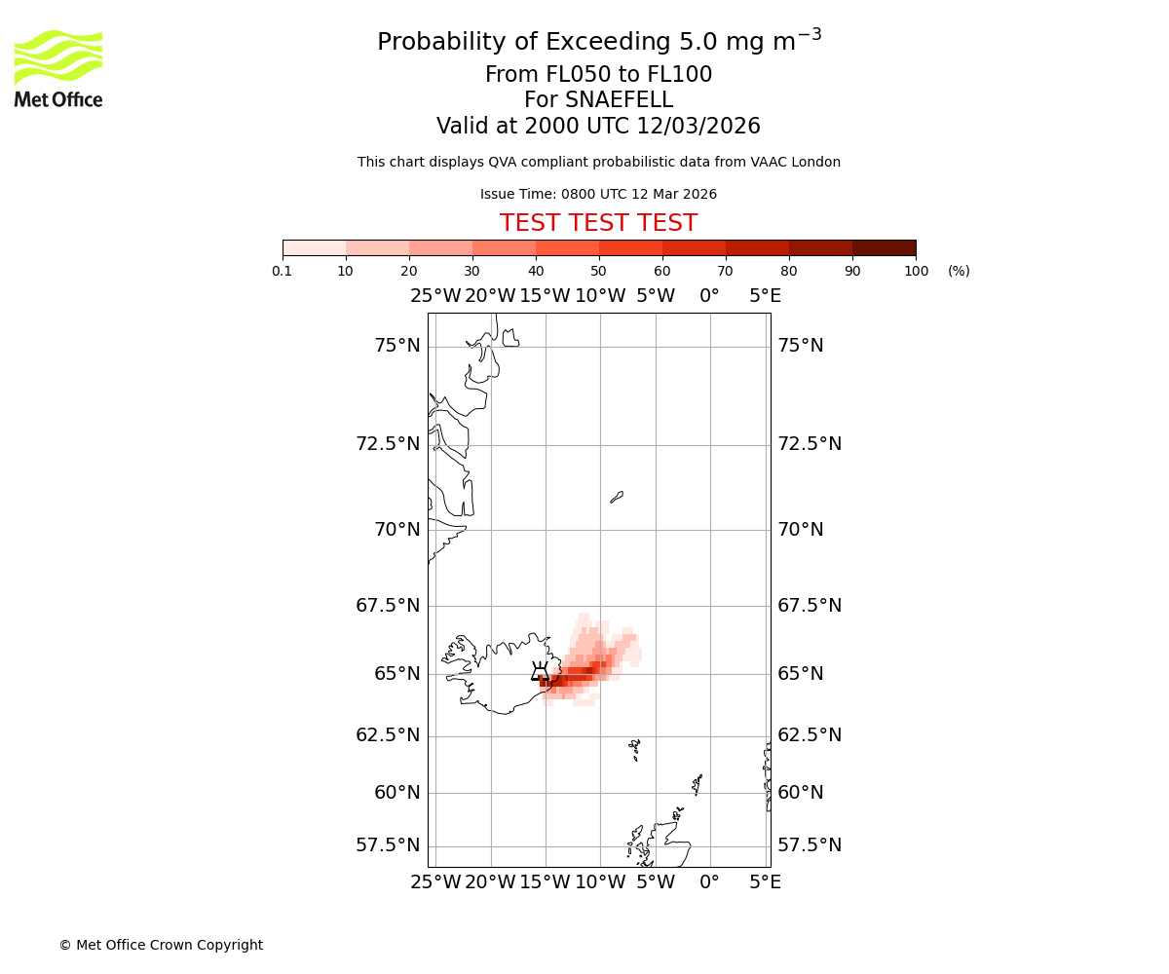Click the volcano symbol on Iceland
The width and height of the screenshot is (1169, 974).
coord(540,672)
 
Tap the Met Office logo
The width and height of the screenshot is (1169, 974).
coord(58,68)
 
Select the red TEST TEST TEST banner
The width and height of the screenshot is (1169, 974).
coord(598,223)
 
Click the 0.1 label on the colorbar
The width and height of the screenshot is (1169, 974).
coord(283,271)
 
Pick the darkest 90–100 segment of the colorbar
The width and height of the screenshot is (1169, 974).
coord(884,247)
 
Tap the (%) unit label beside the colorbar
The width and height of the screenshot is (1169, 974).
coord(959,271)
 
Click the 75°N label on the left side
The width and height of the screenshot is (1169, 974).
coord(397,346)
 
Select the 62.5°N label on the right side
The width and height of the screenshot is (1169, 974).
coord(810,735)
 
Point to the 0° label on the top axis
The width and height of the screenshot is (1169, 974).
coord(710,296)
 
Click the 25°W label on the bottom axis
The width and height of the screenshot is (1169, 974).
coord(435,882)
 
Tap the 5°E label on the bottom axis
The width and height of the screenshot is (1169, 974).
coord(765,882)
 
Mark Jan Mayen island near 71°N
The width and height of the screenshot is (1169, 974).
coord(617,497)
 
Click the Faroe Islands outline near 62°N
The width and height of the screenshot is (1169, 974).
coord(635,749)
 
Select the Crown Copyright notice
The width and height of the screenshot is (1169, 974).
coord(161,945)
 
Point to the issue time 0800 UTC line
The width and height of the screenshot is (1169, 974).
coord(598,194)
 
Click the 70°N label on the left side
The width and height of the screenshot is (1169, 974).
coord(397,530)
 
